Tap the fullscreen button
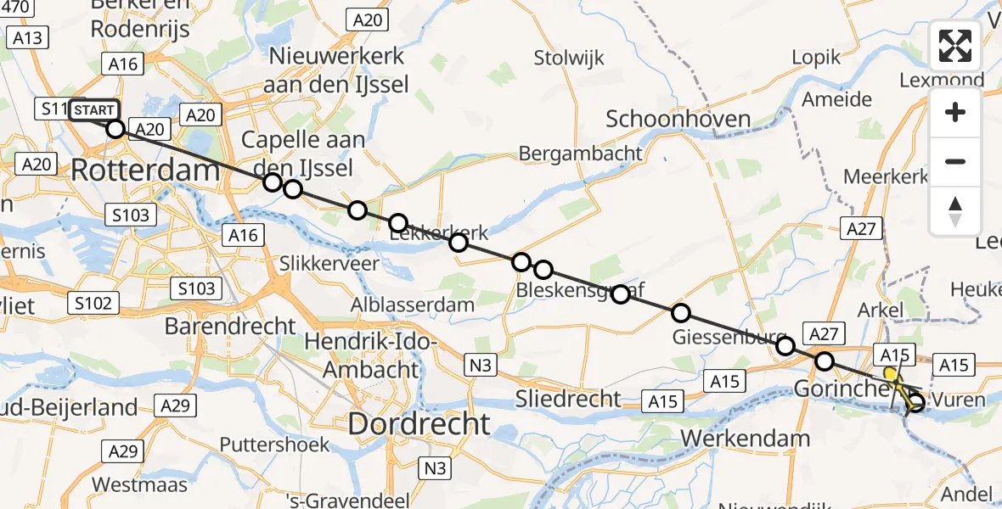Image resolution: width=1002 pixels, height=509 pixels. click(x=955, y=46)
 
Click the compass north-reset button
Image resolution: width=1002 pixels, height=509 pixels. click(x=955, y=211)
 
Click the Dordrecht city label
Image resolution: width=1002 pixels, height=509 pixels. click(x=419, y=423)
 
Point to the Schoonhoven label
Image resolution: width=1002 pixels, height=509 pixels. click(x=678, y=119)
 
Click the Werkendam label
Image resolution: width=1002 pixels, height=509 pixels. click(x=746, y=439)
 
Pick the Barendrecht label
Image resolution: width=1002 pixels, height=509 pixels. click(x=230, y=326)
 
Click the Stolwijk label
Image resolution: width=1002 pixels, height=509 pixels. click(x=569, y=59)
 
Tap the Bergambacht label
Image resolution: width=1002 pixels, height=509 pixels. click(x=580, y=154)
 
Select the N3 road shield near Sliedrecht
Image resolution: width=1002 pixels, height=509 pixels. click(x=481, y=366)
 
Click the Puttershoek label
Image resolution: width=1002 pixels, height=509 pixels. click(x=267, y=444)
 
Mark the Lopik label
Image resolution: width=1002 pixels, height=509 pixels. click(x=815, y=58)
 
